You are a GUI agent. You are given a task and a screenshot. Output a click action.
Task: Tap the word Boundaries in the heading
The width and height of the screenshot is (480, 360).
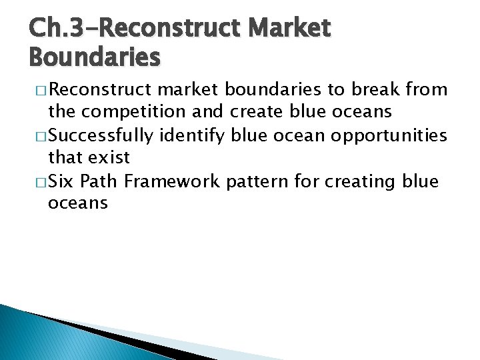tap(95, 57)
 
